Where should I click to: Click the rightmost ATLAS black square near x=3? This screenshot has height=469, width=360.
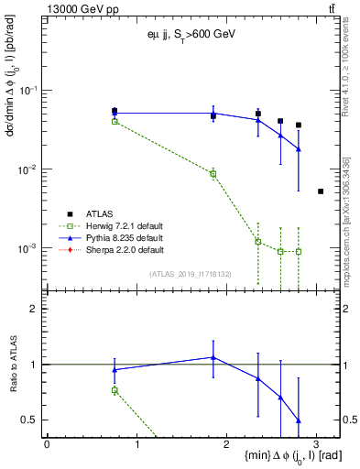point(320,191)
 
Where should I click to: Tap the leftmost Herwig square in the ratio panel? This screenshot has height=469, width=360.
point(115,390)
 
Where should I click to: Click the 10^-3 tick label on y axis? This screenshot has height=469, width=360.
point(29,248)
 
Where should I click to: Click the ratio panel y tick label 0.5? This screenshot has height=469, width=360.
point(31,420)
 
